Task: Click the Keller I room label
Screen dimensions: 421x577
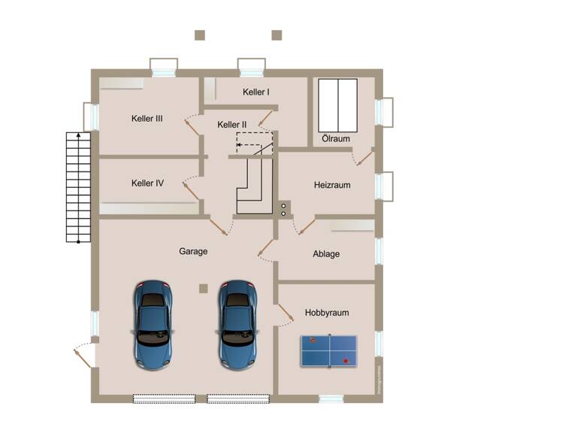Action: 256,92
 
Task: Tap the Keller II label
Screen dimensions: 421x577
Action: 232,125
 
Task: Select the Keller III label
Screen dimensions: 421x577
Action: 147,118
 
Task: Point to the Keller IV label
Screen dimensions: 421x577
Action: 147,183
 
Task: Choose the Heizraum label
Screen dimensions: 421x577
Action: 332,185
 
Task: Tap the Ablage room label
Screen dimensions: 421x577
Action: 326,254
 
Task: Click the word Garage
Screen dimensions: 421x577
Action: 193,251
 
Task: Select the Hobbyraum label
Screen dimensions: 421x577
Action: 327,312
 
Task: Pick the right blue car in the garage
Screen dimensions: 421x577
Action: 237,324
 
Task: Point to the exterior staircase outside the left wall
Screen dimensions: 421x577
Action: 78,188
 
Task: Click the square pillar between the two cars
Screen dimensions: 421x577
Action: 203,288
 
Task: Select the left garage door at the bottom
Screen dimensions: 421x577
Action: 165,398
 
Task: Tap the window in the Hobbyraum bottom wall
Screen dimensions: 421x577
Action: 331,398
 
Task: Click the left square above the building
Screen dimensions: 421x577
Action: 200,35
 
